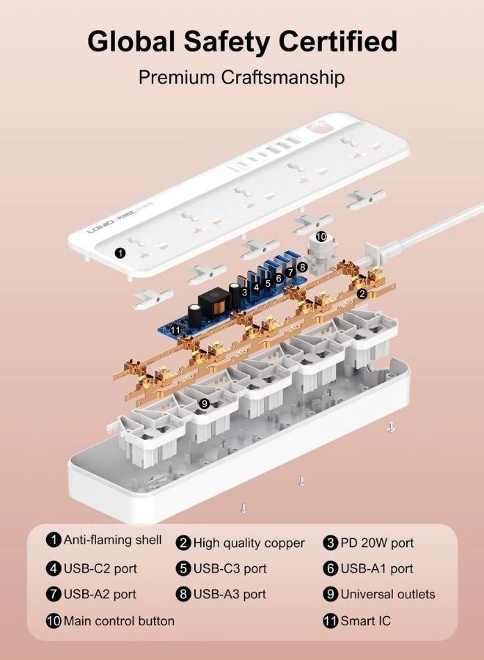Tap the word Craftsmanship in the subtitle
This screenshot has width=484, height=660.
[x=283, y=78]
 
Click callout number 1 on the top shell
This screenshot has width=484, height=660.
[x=120, y=253]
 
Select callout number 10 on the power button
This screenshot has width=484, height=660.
[x=321, y=237]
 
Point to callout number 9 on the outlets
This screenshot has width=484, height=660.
[x=204, y=404]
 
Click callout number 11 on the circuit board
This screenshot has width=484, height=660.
[x=175, y=331]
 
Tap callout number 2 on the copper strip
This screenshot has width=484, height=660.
[x=362, y=294]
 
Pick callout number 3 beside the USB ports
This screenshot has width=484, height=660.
[x=244, y=291]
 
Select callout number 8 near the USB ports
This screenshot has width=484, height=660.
[x=301, y=266]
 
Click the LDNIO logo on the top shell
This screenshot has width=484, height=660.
[x=100, y=226]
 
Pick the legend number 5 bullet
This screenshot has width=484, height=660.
[x=183, y=568]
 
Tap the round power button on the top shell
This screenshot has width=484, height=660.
[x=320, y=127]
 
